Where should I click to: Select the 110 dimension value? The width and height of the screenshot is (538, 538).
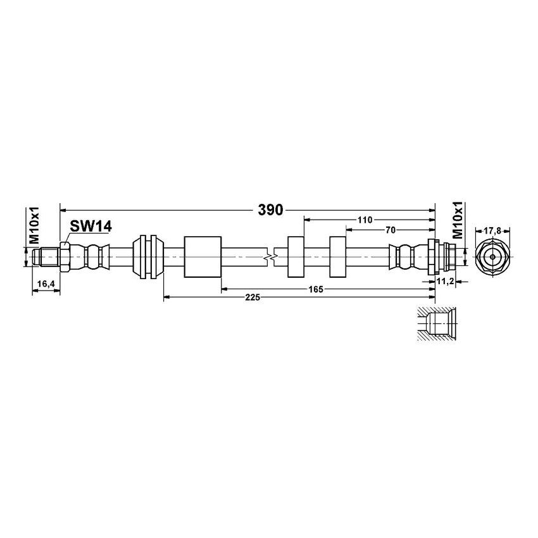click(x=364, y=220)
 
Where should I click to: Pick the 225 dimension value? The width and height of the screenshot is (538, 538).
click(x=251, y=297)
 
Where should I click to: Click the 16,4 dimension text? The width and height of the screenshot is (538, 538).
click(x=45, y=285)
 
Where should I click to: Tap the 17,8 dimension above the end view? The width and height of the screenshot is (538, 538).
click(x=494, y=231)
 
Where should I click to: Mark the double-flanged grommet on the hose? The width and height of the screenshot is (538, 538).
click(x=149, y=257)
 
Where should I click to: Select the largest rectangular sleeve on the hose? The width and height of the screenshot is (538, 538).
click(x=202, y=257)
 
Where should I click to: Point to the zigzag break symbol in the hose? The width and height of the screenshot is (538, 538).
click(x=270, y=257)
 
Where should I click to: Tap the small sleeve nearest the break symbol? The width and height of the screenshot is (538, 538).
click(x=296, y=257)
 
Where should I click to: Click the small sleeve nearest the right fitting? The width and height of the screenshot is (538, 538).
click(x=337, y=257)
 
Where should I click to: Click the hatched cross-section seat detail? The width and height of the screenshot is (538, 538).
click(x=435, y=324)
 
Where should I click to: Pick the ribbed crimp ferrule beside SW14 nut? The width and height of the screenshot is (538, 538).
click(x=92, y=257)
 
